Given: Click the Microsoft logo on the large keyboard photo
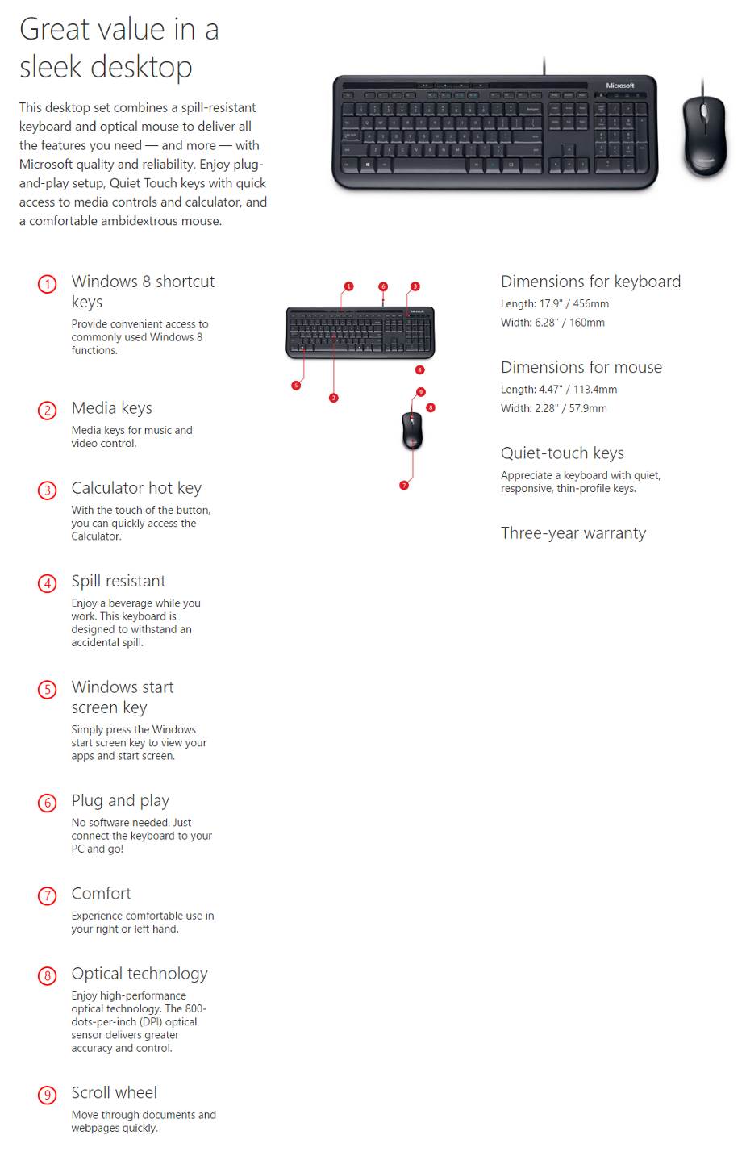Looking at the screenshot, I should (619, 86).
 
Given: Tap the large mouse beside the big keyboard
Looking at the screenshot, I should (704, 134).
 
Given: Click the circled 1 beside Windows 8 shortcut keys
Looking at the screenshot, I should (48, 284).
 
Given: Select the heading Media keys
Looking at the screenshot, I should (111, 408).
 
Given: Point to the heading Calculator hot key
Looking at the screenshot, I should (136, 488).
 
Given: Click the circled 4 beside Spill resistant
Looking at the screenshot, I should (48, 583).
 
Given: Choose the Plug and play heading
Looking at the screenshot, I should (120, 800).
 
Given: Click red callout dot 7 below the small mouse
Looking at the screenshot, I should (404, 485).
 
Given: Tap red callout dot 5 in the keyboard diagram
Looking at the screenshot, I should (296, 386).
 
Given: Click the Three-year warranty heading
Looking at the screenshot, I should (573, 533).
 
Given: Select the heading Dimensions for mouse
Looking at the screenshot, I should (581, 367).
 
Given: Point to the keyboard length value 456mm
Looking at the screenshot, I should (591, 304).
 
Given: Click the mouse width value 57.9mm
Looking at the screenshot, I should (588, 408).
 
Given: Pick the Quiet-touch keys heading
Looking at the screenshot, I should (562, 453).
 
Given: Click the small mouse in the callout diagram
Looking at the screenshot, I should (412, 430).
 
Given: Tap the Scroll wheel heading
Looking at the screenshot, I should (114, 1092).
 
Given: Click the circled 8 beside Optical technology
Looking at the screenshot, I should (48, 976).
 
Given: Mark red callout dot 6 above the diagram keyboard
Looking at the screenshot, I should (383, 286).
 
